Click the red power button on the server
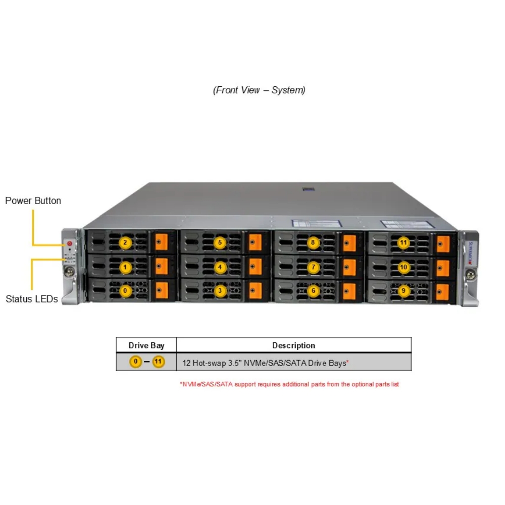click(70, 243)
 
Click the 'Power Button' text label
click(33, 200)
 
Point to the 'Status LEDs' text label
click(32, 299)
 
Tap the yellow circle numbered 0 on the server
click(125, 291)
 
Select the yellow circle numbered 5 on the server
click(220, 242)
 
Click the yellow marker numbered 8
click(313, 242)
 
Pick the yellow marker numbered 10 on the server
click(403, 267)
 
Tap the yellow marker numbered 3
click(220, 291)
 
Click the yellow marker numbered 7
click(314, 267)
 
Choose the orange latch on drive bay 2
click(162, 242)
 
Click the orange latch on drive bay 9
click(442, 292)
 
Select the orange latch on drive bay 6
click(349, 291)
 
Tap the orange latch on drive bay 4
click(256, 267)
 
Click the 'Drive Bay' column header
click(146, 345)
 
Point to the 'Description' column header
click(294, 345)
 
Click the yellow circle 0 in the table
click(135, 362)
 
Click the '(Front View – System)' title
click(259, 90)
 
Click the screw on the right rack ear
click(471, 275)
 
